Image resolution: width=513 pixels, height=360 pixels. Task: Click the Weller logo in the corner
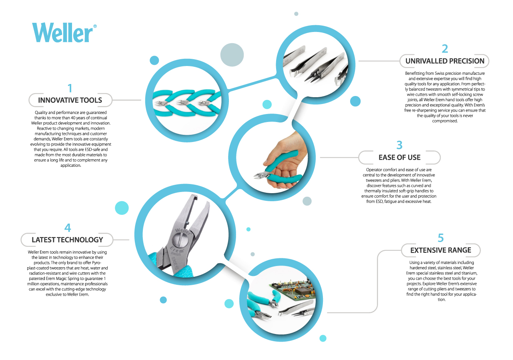pyautogui.click(x=62, y=32)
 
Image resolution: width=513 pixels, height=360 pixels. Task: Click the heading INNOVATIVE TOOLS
pyautogui.click(x=70, y=100)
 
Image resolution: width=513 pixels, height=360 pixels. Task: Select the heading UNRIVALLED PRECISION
pyautogui.click(x=444, y=61)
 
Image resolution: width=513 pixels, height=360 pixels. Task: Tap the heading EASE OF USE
pyautogui.click(x=399, y=158)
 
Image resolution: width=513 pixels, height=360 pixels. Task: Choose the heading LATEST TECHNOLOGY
pyautogui.click(x=67, y=240)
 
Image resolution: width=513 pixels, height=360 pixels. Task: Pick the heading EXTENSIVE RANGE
pyautogui.click(x=441, y=250)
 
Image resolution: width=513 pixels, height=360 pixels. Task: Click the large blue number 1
pyautogui.click(x=70, y=88)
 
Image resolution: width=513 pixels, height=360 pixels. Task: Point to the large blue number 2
pyautogui.click(x=445, y=49)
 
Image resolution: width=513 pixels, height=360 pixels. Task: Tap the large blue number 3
pyautogui.click(x=399, y=145)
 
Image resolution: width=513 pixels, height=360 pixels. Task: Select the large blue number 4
pyautogui.click(x=68, y=228)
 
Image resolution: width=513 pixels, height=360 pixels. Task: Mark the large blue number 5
pyautogui.click(x=441, y=238)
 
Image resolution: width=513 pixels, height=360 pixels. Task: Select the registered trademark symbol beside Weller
pyautogui.click(x=95, y=26)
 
